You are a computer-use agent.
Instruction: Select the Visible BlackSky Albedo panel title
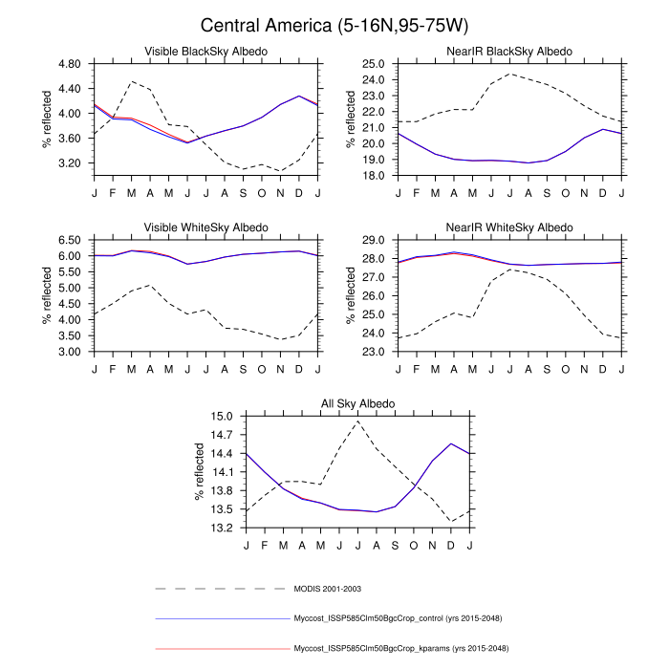coord(205,51)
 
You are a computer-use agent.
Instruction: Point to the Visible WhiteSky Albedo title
coord(205,227)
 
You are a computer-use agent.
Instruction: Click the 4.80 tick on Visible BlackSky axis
coord(69,64)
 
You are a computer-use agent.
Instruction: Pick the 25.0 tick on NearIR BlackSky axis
coord(373,64)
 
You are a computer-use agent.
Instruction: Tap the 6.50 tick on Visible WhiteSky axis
coord(69,241)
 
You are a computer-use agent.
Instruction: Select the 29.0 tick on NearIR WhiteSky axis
coord(373,241)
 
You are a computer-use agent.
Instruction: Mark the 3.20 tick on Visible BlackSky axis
coord(69,163)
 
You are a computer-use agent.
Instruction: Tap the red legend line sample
coord(222,649)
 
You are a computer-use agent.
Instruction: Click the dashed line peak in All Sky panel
coord(357,421)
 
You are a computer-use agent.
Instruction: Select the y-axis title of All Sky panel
coord(199,472)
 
